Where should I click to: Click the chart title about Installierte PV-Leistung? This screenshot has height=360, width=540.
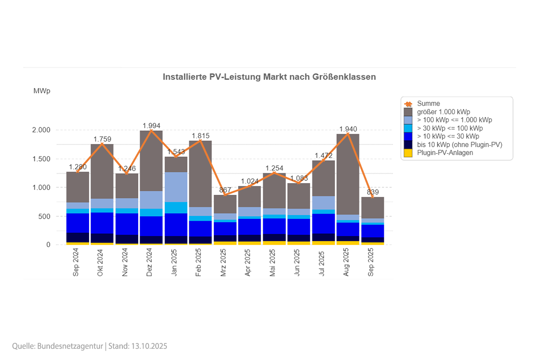click(x=269, y=77)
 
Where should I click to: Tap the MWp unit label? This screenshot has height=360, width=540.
click(x=42, y=91)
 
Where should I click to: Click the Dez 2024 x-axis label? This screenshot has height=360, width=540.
click(x=149, y=263)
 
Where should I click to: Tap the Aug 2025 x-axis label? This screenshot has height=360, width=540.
click(x=346, y=263)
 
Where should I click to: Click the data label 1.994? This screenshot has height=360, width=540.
click(x=151, y=125)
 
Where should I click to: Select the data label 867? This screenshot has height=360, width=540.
click(x=225, y=190)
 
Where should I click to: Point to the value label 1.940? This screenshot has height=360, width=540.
click(x=348, y=129)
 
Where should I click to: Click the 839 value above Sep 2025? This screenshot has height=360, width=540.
click(x=372, y=192)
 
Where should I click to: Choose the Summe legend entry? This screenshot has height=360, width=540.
click(x=428, y=103)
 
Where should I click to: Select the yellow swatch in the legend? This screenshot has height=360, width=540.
click(x=408, y=153)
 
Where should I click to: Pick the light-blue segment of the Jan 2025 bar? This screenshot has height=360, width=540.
click(x=175, y=187)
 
